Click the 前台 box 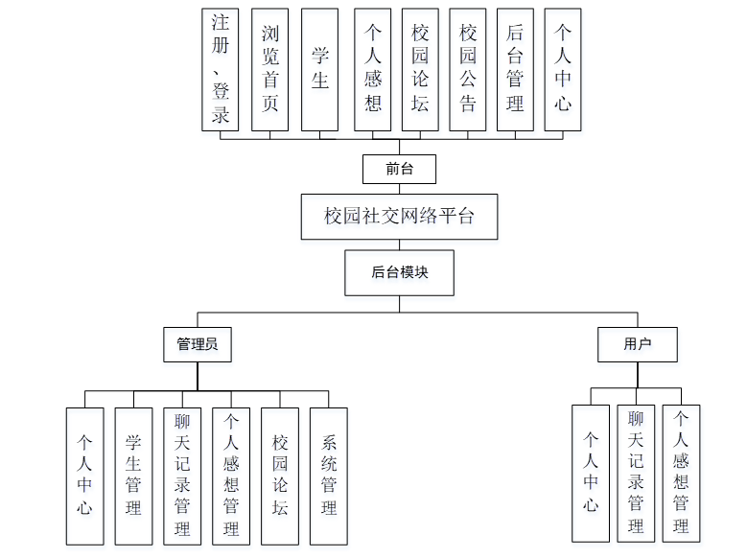point(399,170)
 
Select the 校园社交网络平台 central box point(399,217)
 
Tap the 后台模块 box point(399,272)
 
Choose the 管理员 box point(198,344)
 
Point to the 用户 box point(637,344)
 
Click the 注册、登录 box point(221,69)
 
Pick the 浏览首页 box point(270,69)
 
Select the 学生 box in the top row point(319,69)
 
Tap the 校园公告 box point(468,69)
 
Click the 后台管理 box point(515,69)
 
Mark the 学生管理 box point(133,476)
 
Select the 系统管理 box point(328,476)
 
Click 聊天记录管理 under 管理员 point(182,476)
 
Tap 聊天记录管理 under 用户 point(636,473)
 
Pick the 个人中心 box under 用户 point(591,473)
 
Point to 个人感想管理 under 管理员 point(231,476)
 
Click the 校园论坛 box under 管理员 point(280,476)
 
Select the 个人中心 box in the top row point(562,69)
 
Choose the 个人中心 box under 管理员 point(84,476)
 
